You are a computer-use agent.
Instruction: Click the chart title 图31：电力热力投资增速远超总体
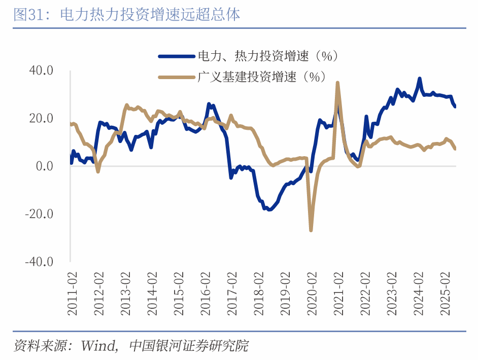(127, 15)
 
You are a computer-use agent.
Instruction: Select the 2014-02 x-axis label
(152, 295)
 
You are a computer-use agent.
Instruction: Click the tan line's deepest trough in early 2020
(311, 230)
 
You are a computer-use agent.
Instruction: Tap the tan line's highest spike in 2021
(337, 83)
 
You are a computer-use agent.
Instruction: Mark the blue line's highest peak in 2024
(420, 79)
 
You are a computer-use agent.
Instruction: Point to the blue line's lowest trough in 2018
(268, 209)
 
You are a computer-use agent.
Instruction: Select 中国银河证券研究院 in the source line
(189, 346)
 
